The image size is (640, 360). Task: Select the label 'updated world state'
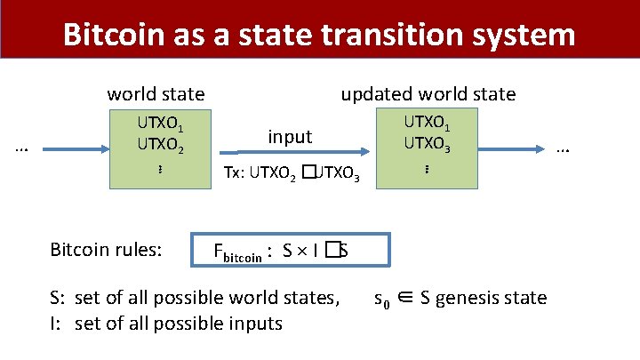(x=428, y=94)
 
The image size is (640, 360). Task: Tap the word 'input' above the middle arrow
(x=290, y=137)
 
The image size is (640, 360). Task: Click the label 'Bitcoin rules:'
(x=106, y=250)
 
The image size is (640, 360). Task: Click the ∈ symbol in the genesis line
(x=405, y=298)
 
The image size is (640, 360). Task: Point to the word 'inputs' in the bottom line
(x=255, y=323)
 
